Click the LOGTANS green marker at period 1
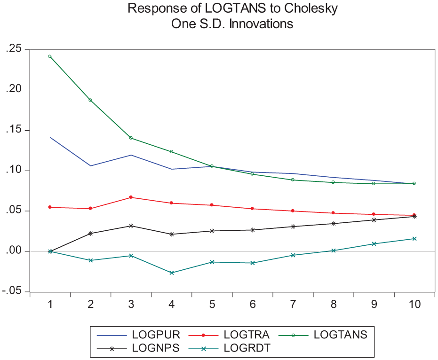click(x=50, y=56)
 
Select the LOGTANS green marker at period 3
click(x=131, y=138)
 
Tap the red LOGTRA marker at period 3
click(x=131, y=197)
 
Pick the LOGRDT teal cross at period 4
click(x=172, y=273)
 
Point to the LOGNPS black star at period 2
click(x=90, y=233)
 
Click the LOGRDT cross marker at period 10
click(x=414, y=239)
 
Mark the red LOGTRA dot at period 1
click(x=50, y=207)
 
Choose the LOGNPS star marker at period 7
click(x=293, y=227)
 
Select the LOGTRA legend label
click(x=247, y=335)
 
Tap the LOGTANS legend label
click(x=341, y=335)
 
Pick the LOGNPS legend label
click(x=156, y=348)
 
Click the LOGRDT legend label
click(x=247, y=348)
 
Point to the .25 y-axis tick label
click(x=14, y=49)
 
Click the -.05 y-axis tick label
click(x=12, y=291)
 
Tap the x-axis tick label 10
click(x=414, y=304)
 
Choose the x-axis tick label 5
click(x=212, y=304)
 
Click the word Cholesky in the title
click(x=311, y=8)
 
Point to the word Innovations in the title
click(x=261, y=24)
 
